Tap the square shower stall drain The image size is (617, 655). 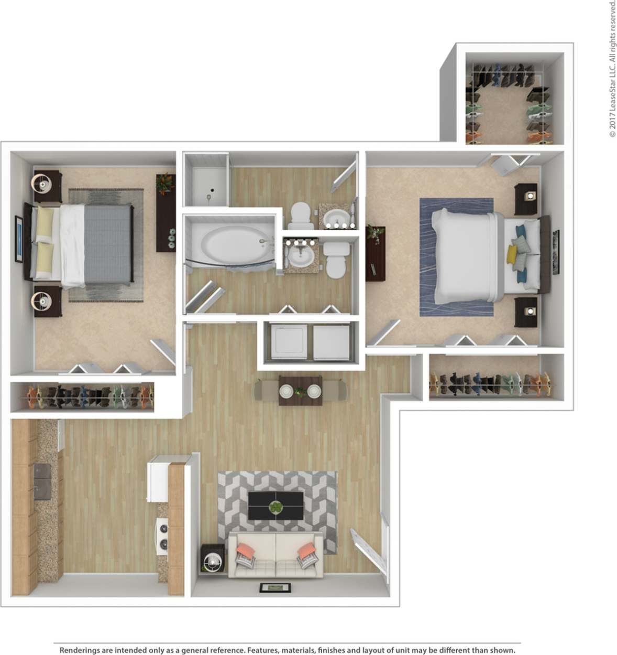pos(213,190)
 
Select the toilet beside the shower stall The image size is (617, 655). pos(300,215)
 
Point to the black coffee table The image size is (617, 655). pos(276,506)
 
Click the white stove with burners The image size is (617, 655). pos(163,535)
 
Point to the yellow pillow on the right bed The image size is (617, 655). pos(512,255)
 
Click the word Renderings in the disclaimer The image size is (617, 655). pos(79,650)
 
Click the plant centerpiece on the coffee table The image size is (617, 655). pos(276,507)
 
